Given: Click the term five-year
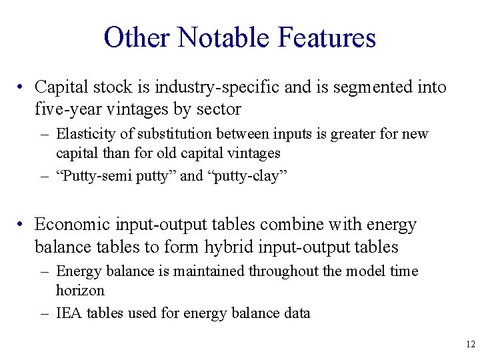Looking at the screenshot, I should tap(64, 109).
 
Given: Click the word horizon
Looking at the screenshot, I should tap(80, 291).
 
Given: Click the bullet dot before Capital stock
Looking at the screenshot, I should tap(22, 88).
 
